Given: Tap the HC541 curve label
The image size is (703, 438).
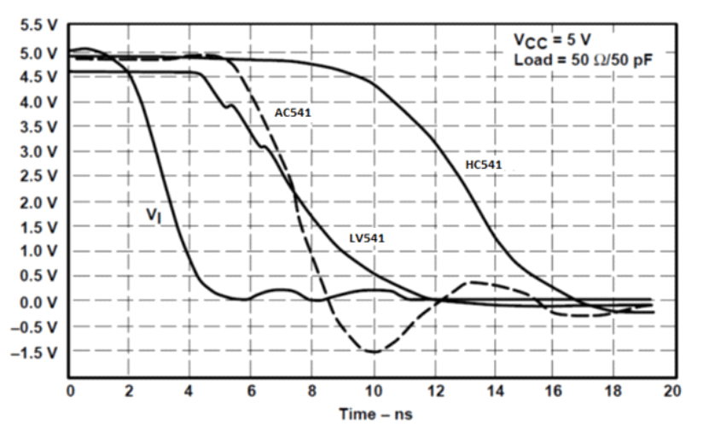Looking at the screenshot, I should (484, 165).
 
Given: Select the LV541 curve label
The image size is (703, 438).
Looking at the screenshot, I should (367, 238).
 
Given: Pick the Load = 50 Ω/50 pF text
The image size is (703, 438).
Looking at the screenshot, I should (577, 60).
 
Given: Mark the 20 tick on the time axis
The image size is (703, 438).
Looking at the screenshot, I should (673, 391).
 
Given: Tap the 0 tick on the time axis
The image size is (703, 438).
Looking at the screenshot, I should (71, 391).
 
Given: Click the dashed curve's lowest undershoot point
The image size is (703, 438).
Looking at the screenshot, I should (373, 352).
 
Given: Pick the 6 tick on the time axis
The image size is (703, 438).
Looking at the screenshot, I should (252, 391).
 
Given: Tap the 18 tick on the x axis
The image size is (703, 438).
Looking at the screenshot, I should (613, 391).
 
